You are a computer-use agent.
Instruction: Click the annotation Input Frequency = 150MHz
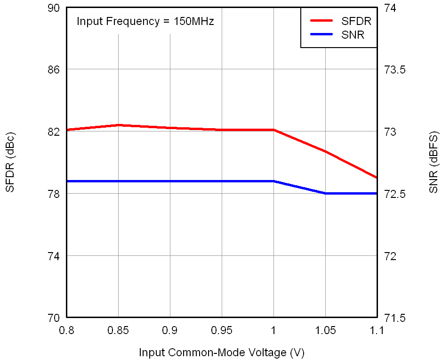(145, 21)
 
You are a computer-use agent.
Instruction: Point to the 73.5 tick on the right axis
(395, 70)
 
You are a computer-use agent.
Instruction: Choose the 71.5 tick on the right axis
(395, 318)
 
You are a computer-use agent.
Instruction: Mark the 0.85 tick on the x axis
(118, 330)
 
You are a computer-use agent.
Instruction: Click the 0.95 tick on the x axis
(222, 330)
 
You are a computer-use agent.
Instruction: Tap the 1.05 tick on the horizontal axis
(325, 330)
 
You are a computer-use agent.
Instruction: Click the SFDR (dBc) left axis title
(10, 163)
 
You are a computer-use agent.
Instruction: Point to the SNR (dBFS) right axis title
(434, 163)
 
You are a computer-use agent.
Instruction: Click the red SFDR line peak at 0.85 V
(118, 125)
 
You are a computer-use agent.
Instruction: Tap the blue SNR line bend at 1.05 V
(325, 193)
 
